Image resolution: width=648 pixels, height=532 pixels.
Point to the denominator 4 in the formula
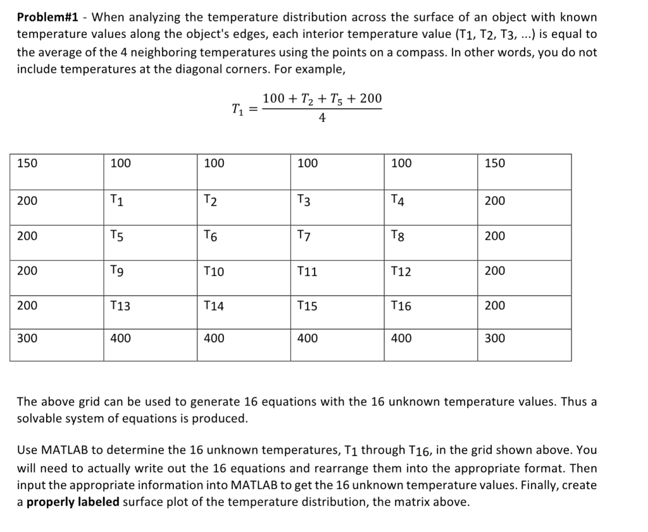[x=322, y=119]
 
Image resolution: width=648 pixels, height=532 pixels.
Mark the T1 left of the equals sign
[x=237, y=109]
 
